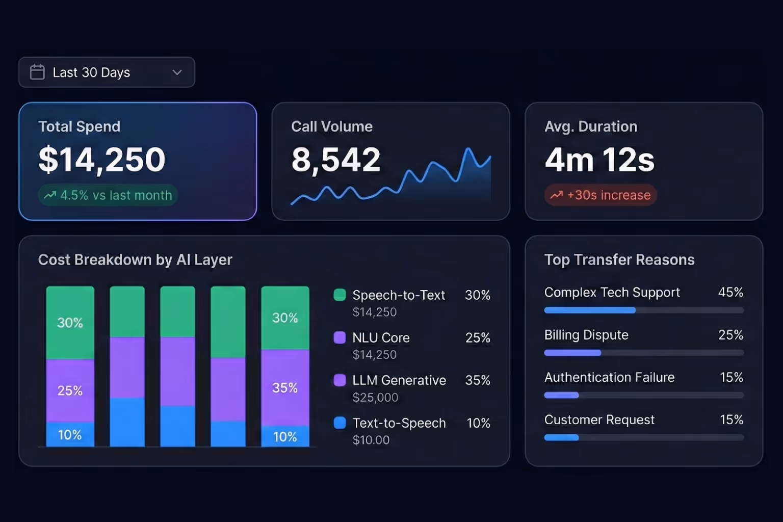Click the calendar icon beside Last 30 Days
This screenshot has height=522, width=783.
pos(37,72)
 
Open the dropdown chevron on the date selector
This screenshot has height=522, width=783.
pos(177,72)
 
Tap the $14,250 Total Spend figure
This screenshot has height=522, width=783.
pos(102,160)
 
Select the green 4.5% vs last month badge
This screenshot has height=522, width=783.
pos(108,195)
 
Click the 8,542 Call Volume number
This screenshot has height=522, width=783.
pos(336,160)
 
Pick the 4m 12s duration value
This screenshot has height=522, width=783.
pos(599,160)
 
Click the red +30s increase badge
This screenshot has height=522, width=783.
pos(601,195)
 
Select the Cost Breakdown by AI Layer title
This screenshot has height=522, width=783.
pos(135,260)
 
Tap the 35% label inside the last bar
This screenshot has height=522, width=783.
pos(285,388)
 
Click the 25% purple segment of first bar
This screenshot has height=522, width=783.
pos(70,390)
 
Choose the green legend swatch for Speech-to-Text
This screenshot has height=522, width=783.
pos(340,295)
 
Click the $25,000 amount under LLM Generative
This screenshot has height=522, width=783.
pos(375,398)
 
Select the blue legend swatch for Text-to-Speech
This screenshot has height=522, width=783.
pos(340,423)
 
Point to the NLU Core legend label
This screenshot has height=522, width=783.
pos(381,338)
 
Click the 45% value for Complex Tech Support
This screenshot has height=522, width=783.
pos(730,293)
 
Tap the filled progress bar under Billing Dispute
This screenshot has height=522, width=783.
pos(572,353)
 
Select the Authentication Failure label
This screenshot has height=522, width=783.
pos(609,378)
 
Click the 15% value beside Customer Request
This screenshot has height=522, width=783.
pos(731,420)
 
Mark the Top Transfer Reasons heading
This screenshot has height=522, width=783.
pos(619,260)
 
